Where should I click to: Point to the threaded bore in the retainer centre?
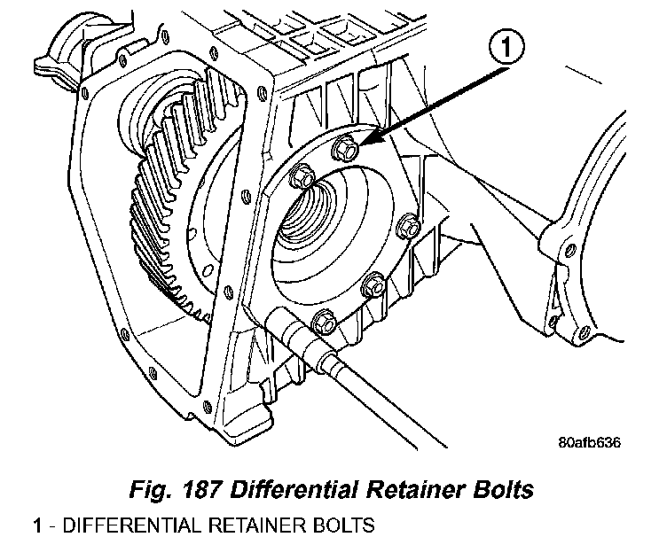point(310,217)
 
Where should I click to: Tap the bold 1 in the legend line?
point(37,524)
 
